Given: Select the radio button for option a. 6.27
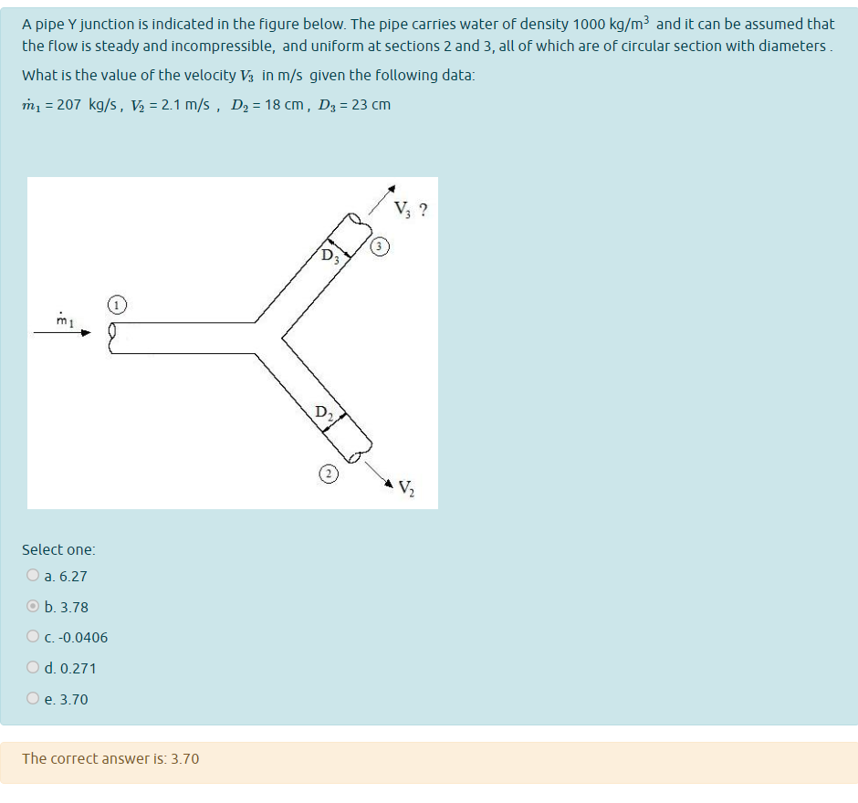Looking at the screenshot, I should coord(33,576).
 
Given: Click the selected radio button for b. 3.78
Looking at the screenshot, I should coord(33,607).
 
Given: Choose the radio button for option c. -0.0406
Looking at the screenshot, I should coord(33,637).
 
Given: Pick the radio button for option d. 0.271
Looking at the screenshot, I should coord(33,668).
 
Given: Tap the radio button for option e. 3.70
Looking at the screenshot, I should coord(33,699).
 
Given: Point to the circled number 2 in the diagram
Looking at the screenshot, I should coord(328,473).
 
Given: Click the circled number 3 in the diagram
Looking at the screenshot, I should coord(382,246).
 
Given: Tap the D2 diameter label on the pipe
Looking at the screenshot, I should coord(324,412).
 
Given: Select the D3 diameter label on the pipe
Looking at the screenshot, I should coord(330,255).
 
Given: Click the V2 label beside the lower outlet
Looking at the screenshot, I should coord(406,490).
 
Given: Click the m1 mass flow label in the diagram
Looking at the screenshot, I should coord(63,319).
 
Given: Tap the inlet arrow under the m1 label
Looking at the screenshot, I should coord(63,333).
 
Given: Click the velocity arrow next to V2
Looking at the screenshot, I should coord(383,474).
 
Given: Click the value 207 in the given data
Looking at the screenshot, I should coord(70,105).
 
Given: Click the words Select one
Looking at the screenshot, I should coord(58,549).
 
